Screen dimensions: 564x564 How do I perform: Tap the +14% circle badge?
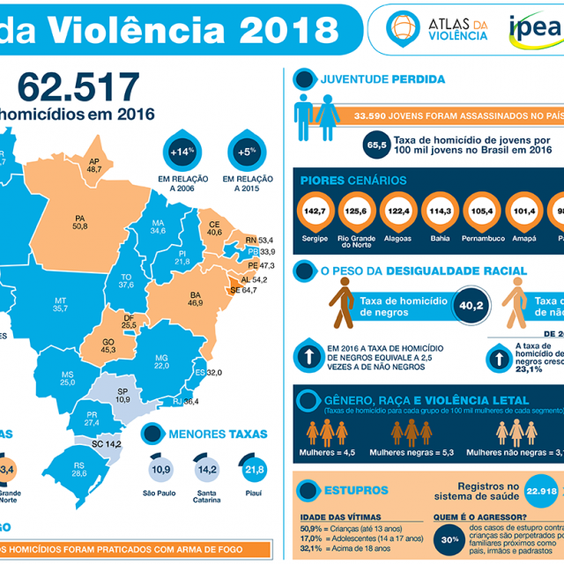point(181,152)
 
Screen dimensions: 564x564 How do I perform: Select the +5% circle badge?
point(246,152)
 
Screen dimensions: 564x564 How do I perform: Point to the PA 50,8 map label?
point(80,221)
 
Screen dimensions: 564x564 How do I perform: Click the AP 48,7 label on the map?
point(93,165)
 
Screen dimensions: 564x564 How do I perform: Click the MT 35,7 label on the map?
point(61,304)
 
